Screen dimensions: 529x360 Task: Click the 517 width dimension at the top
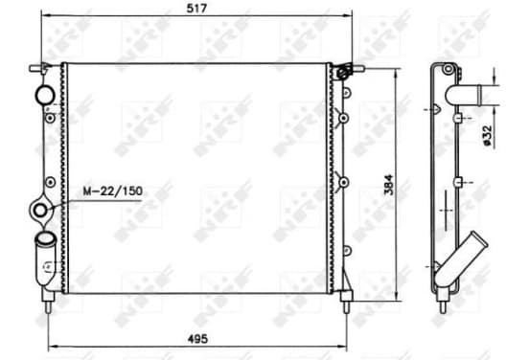[196, 8]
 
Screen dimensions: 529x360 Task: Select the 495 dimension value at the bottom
[197, 339]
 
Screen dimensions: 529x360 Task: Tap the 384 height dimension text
[389, 185]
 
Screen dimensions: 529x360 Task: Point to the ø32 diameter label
[487, 136]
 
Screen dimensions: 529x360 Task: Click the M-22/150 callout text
[113, 191]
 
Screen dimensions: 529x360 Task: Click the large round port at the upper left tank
[44, 95]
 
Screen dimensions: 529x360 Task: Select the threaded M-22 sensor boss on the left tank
[40, 211]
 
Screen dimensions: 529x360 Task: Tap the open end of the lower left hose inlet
[44, 238]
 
